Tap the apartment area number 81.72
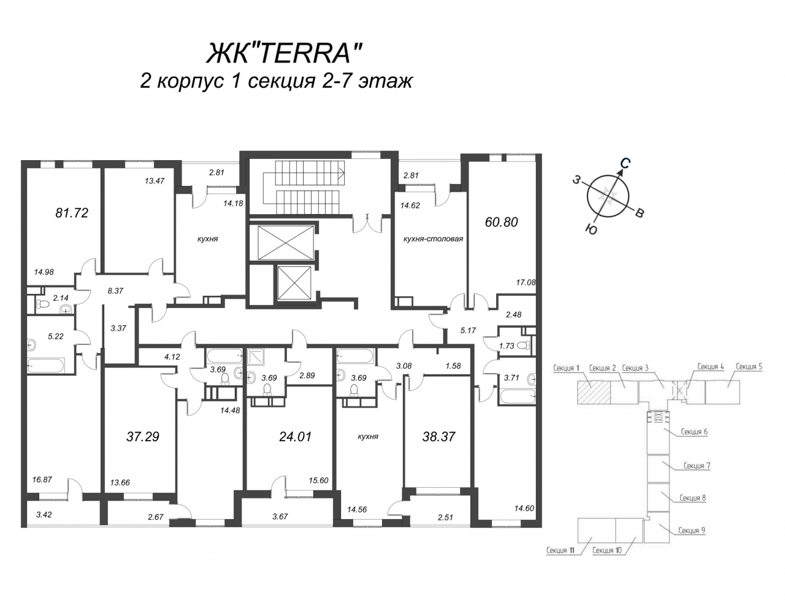click(x=72, y=213)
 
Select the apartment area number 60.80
click(x=502, y=222)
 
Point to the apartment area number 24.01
click(x=295, y=437)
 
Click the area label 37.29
click(x=143, y=437)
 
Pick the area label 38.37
click(x=438, y=437)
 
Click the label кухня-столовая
click(x=433, y=239)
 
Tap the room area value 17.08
click(x=526, y=282)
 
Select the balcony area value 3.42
click(x=44, y=515)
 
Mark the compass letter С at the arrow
click(x=625, y=164)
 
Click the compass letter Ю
click(x=591, y=229)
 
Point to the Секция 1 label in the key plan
click(x=566, y=368)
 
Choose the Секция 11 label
click(x=561, y=550)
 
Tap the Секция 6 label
click(x=694, y=431)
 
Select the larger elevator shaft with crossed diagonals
click(x=285, y=242)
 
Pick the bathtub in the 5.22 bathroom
click(x=46, y=366)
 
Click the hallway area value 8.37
click(x=115, y=290)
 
